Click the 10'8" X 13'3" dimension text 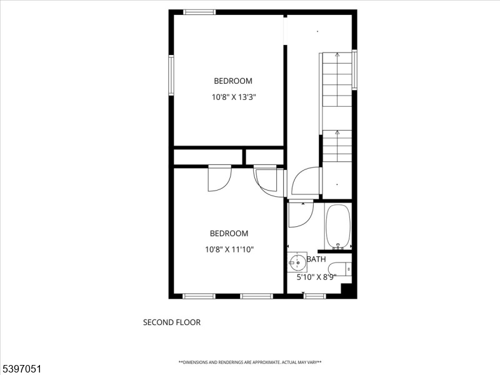click(x=234, y=97)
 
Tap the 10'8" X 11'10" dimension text click(x=229, y=249)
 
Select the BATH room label click(x=316, y=259)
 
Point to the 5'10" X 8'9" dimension click(x=316, y=277)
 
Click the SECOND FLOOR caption click(x=172, y=322)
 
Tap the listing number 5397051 click(x=21, y=369)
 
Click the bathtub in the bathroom click(x=338, y=227)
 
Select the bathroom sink click(x=297, y=262)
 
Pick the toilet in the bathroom click(x=340, y=269)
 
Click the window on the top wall click(x=199, y=12)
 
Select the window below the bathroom click(x=314, y=296)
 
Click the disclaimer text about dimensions click(x=250, y=362)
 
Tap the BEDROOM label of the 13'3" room click(x=233, y=81)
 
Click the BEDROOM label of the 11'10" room click(x=229, y=233)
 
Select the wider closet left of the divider click(x=208, y=157)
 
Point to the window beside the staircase click(x=354, y=70)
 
